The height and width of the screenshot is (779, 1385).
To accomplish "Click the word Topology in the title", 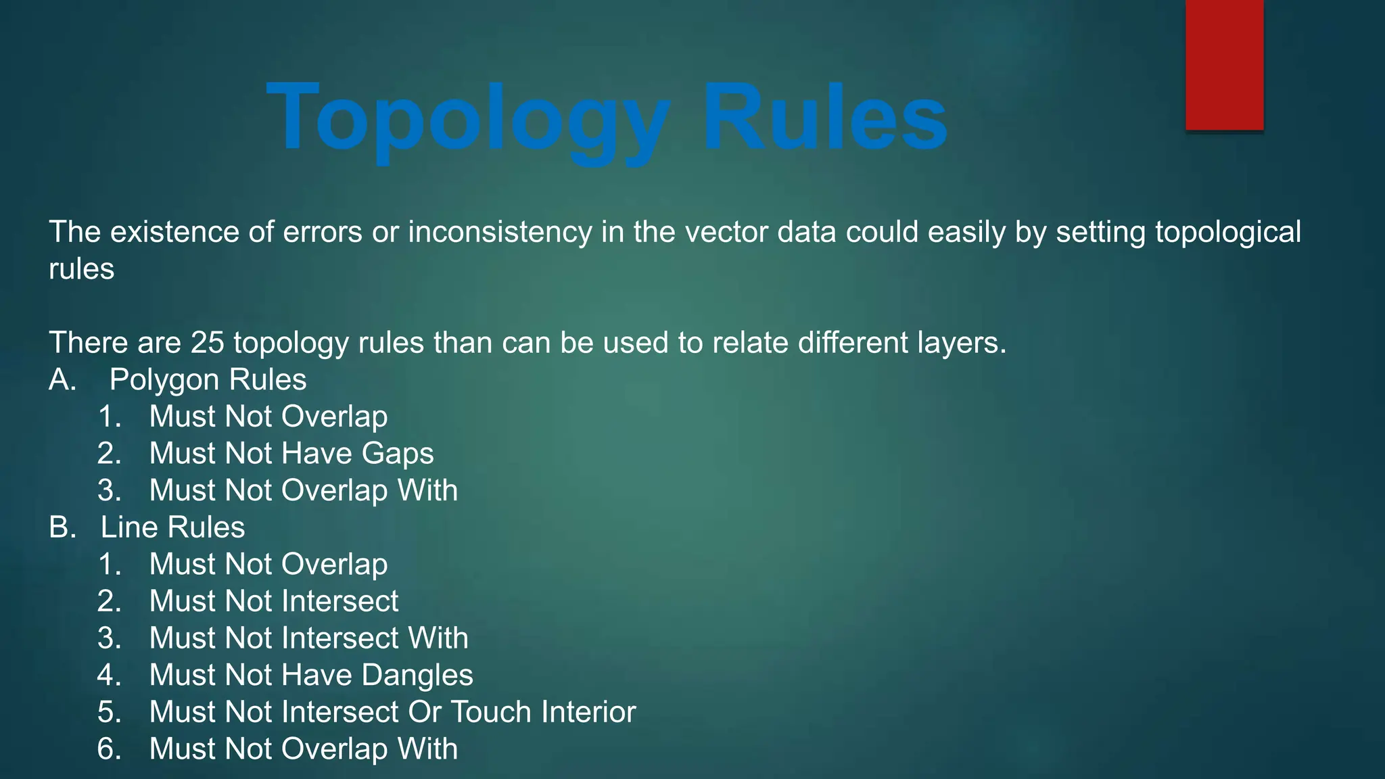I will [x=469, y=119].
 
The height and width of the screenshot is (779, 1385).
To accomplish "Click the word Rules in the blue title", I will [x=824, y=118].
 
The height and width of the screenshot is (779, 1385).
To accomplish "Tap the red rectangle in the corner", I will [x=1224, y=65].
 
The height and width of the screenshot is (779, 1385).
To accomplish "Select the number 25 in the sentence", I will [x=207, y=343].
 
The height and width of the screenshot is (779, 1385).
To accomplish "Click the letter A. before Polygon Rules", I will [x=62, y=380].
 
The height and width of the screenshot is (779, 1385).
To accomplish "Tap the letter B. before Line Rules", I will [x=62, y=527].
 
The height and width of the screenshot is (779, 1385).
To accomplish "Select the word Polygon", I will [x=164, y=380].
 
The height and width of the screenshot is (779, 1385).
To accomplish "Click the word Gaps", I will [x=398, y=454].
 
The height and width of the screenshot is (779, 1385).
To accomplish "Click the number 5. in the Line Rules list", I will [x=109, y=712].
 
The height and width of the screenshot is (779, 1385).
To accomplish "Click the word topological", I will [x=1227, y=232].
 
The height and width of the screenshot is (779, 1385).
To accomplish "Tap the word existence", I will [x=174, y=232].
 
